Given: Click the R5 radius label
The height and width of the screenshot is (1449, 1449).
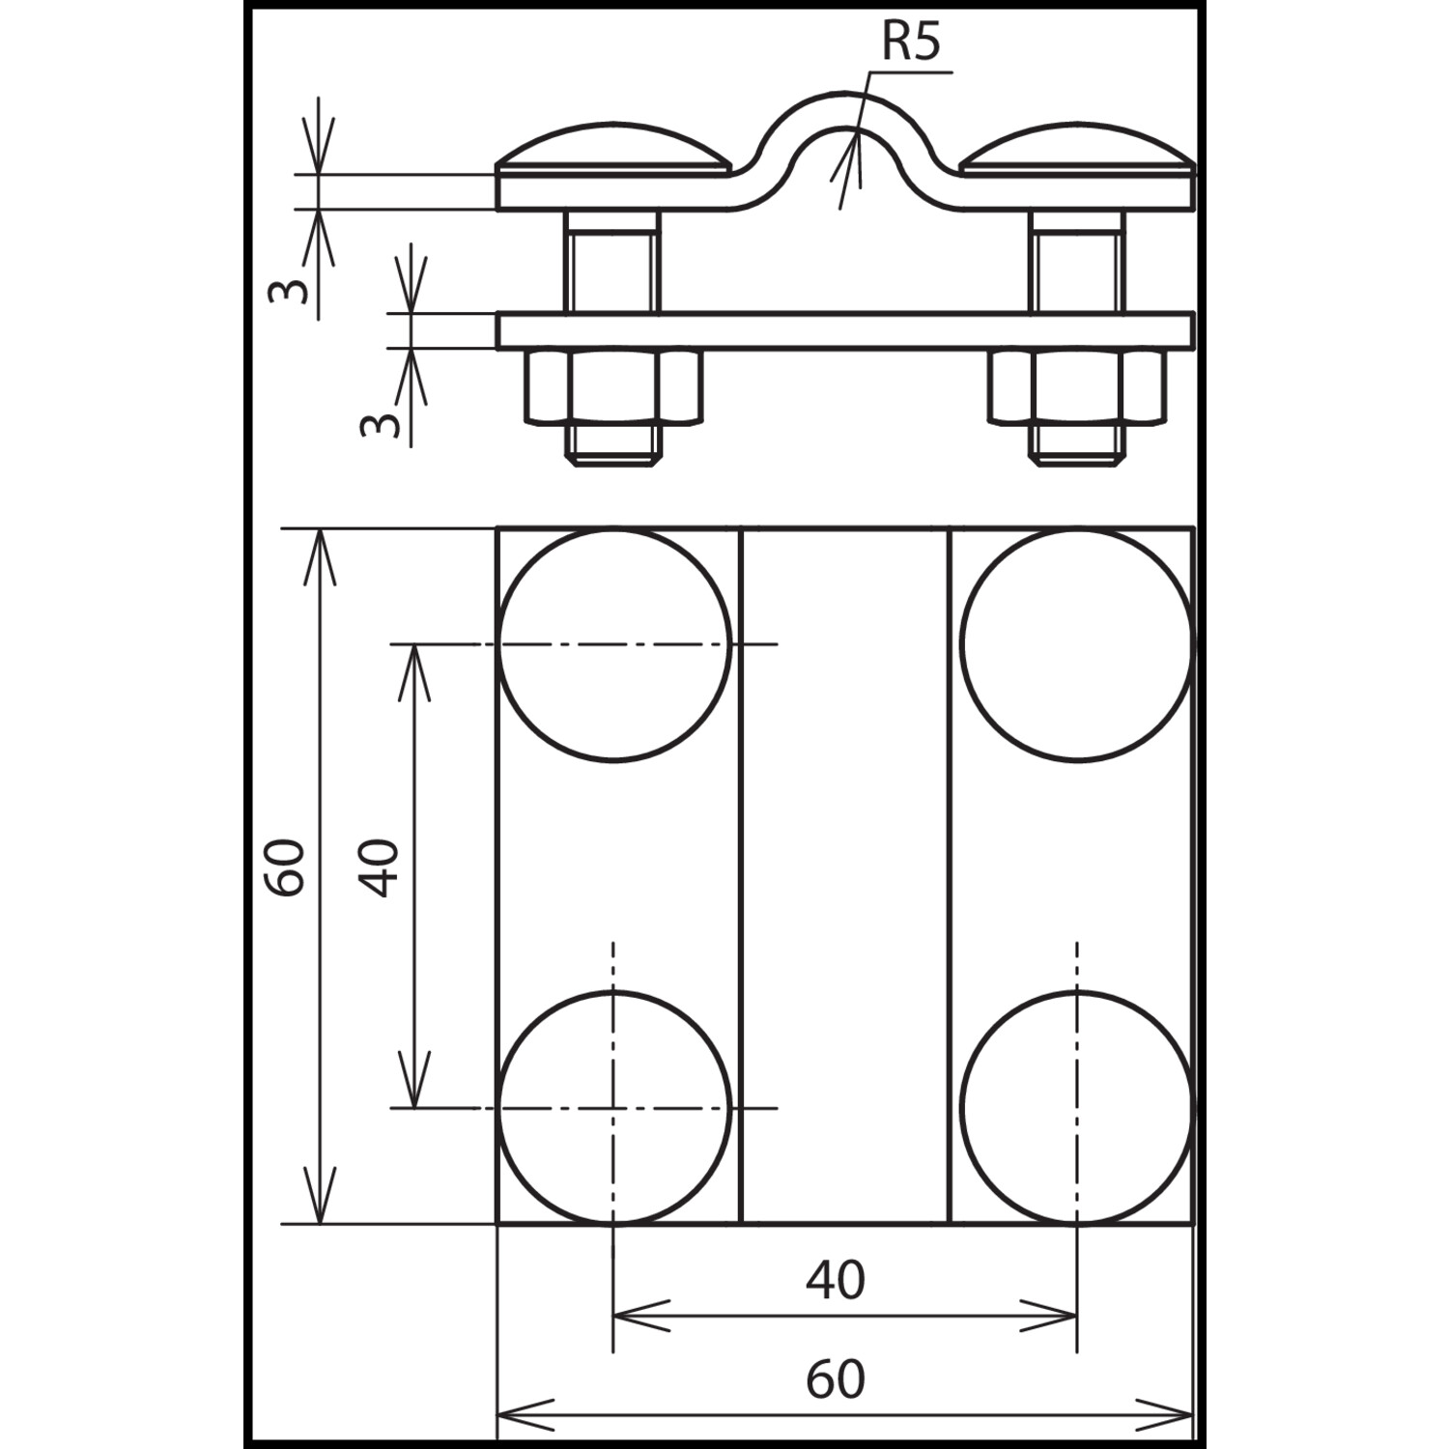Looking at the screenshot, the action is click(x=910, y=43).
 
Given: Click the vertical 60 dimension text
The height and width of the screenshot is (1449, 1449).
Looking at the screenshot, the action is click(x=286, y=868).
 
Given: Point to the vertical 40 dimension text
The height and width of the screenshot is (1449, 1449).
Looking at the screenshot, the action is click(x=379, y=868).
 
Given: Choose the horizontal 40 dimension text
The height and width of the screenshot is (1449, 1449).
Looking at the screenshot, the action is click(x=836, y=1279).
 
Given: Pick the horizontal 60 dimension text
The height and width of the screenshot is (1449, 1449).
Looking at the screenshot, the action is click(x=836, y=1379).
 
